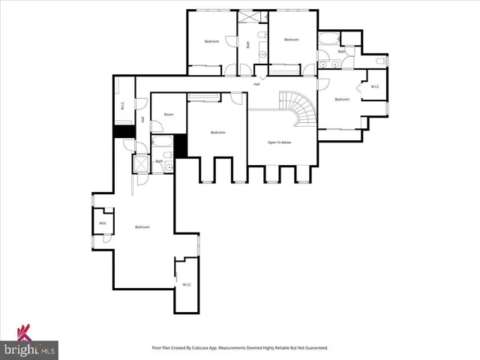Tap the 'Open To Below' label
coord(279,142)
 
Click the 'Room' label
coord(169,115)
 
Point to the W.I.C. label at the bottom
coord(187,284)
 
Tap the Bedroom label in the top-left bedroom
coord(211,41)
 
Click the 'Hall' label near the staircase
coord(256,84)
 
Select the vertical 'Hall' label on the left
coord(142,119)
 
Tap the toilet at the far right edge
coord(382,60)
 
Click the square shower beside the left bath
coord(140,164)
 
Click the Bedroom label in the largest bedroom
coord(142,226)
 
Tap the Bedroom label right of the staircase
coord(342,100)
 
